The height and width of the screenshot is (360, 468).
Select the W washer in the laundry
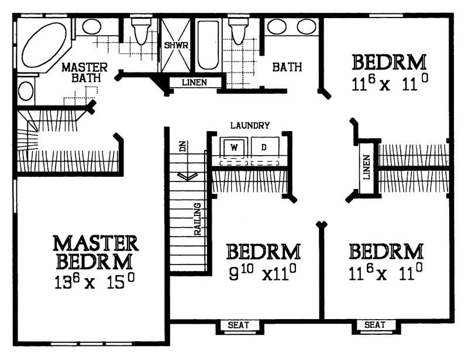pos(234,147)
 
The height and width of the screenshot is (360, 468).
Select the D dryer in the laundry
pos(264,147)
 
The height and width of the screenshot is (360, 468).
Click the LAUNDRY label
pos(250,125)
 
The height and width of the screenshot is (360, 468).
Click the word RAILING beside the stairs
pos(198,220)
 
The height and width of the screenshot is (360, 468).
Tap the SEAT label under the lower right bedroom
pos(374,325)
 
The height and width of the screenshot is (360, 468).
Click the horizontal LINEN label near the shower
pos(194,83)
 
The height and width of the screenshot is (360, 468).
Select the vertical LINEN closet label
pos(367,167)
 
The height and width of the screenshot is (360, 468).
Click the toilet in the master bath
pos(141,32)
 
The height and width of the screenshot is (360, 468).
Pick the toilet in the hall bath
pos(238,32)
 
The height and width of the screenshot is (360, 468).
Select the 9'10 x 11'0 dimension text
pos(263,272)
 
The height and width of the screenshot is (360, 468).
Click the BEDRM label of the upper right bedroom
pos(389,62)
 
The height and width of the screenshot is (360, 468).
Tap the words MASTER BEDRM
pos(95,251)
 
